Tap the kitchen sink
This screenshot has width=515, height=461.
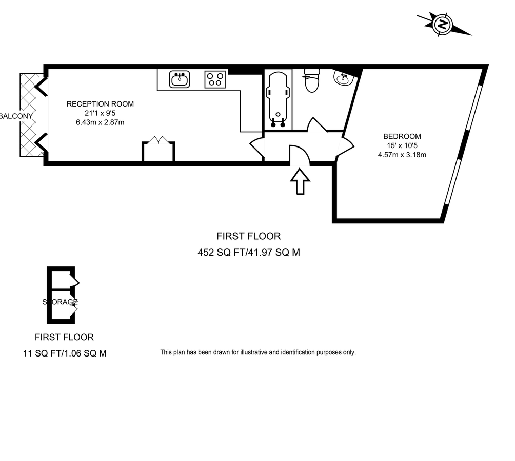180,79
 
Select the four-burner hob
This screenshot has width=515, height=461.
215,79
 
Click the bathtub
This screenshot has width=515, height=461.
278,99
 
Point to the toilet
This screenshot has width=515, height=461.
311,82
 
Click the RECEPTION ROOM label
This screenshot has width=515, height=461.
100,104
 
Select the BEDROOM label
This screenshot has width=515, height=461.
402,136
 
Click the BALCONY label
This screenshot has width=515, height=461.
16,116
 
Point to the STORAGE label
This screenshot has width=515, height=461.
60,302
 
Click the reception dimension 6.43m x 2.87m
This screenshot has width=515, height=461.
100,122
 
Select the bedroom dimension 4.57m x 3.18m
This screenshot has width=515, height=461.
402,155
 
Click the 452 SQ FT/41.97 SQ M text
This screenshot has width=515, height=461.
249,252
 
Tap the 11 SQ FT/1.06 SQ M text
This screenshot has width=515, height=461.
65,353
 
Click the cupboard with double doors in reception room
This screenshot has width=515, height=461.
159,151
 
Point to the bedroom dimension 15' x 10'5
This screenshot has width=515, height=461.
402,145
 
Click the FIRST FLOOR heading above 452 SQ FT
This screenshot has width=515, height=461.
249,236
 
